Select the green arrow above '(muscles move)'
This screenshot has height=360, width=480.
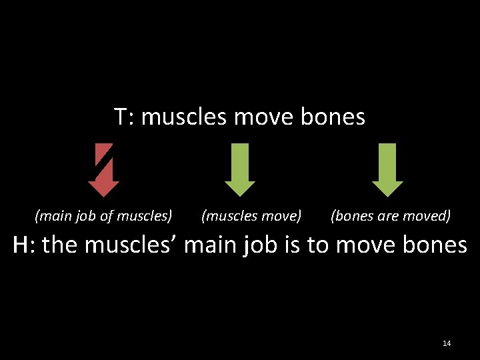[240, 171]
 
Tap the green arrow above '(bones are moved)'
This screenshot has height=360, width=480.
[387, 171]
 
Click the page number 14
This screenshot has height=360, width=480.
[447, 343]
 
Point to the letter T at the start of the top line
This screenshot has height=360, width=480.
[120, 117]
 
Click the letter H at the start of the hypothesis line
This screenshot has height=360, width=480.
[21, 245]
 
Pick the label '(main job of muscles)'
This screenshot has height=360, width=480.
[103, 216]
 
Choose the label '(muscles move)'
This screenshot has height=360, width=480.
[251, 216]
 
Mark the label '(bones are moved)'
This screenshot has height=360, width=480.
[391, 216]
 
